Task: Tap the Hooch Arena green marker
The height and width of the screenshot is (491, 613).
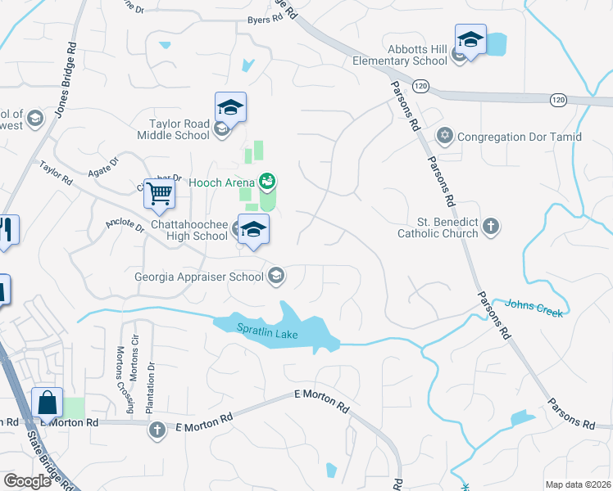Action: point(266,180)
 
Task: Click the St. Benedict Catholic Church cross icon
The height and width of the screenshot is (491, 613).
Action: point(491,227)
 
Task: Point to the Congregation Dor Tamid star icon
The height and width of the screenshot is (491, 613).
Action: point(445,136)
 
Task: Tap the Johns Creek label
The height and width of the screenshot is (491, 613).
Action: point(531,305)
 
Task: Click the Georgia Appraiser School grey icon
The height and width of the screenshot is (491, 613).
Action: point(277,276)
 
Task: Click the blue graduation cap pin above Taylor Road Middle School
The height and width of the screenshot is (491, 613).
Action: point(230,107)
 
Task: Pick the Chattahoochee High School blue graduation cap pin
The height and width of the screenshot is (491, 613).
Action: point(253,229)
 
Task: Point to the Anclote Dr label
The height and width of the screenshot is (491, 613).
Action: point(124,225)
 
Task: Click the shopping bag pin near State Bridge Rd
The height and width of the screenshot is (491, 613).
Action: point(47,403)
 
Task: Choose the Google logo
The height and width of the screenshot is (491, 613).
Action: point(27,481)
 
